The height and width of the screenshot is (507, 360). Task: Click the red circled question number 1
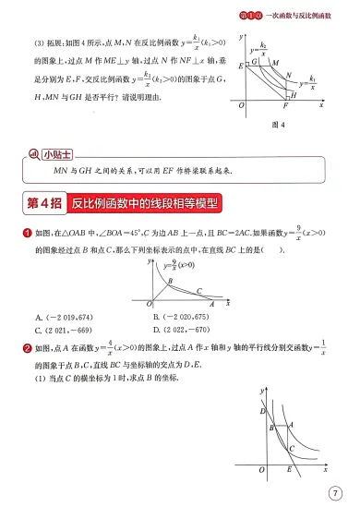click(x=28, y=235)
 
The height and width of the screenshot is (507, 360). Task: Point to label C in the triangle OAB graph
click(x=197, y=289)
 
